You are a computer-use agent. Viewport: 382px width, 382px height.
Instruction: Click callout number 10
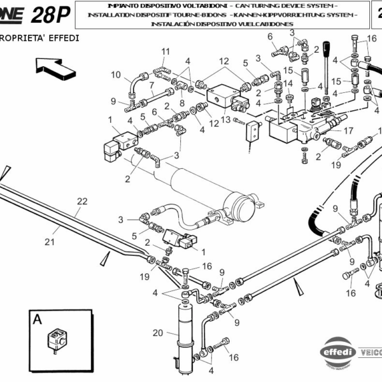pos(116,75)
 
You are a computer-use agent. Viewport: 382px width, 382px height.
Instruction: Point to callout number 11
pos(166,52)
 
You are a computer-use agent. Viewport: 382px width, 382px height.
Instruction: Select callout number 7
pos(152,85)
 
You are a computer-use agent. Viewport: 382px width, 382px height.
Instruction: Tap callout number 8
pos(182,101)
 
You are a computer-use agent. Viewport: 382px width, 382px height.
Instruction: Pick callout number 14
pos(288,83)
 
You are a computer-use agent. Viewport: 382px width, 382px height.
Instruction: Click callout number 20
pos(158,332)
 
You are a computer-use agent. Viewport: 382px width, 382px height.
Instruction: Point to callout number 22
pos(81,201)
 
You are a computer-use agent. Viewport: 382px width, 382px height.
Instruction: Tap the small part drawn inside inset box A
pos(55,337)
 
